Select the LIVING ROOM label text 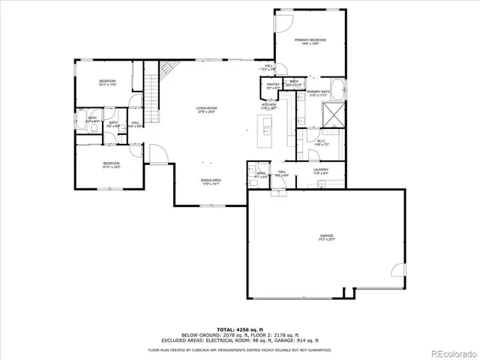coord(207,111)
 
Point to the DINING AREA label coord(211,181)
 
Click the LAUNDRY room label coord(322,172)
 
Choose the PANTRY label coord(273,86)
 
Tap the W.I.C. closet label coord(320,142)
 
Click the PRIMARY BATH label coord(317,93)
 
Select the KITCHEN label coord(269,106)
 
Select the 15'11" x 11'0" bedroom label coord(107,82)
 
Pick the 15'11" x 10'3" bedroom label coord(111,165)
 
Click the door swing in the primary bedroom coord(284,22)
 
